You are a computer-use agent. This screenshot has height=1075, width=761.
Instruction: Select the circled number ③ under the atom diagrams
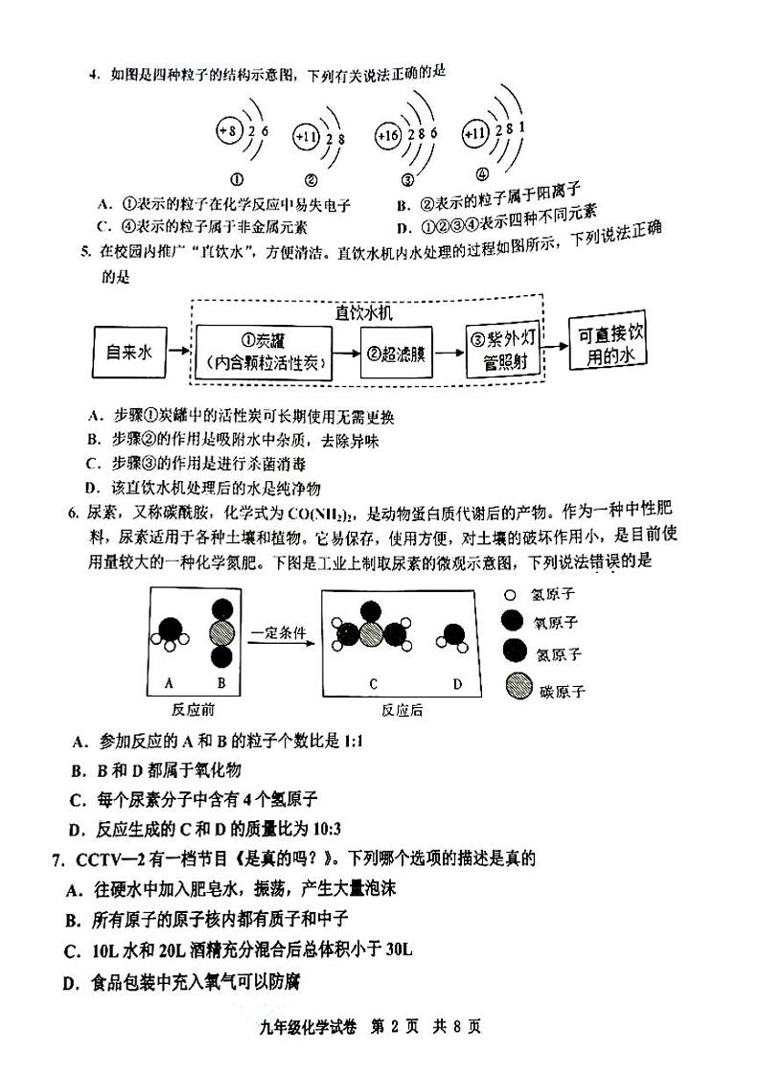pos(407,180)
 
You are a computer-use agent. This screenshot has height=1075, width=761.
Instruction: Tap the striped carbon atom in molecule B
pos(222,632)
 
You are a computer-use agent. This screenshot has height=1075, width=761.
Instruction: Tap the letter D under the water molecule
pos(458,683)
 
